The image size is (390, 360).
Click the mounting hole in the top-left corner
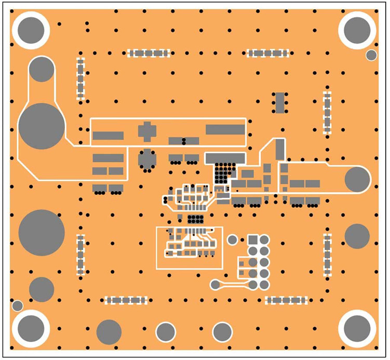click(31, 30)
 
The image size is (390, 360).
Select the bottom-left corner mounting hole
click(31, 328)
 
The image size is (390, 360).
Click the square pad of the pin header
click(253, 239)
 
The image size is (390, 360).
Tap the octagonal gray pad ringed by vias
click(147, 159)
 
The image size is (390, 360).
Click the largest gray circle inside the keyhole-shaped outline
click(42, 126)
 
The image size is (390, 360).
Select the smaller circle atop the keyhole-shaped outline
click(42, 69)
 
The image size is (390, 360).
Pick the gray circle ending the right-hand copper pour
click(357, 179)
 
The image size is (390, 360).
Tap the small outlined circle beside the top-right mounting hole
click(371, 55)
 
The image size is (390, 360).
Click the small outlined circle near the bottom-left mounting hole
click(17, 305)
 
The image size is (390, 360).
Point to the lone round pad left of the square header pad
click(233, 239)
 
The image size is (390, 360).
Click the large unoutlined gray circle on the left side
click(42, 232)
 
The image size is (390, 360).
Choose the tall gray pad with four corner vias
click(280, 102)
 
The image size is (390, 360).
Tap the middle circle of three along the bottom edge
click(166, 332)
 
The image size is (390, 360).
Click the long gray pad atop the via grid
click(225, 157)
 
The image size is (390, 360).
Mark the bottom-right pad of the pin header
click(264, 285)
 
